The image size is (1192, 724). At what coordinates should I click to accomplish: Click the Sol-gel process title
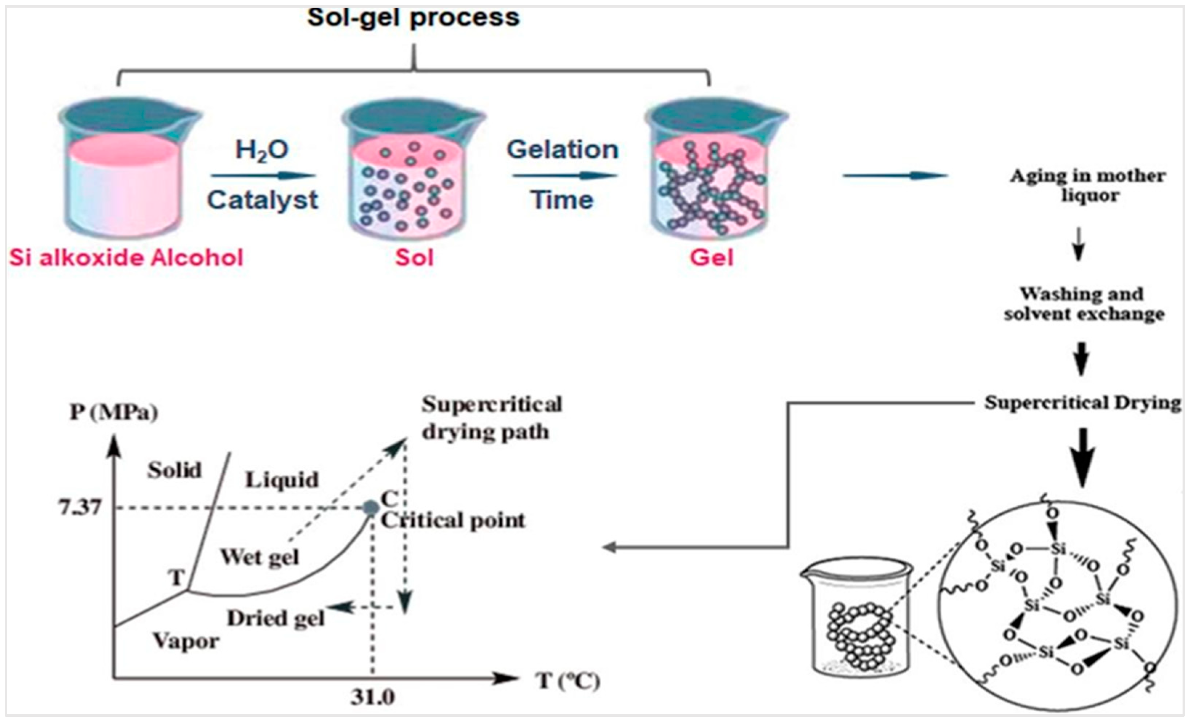(x=413, y=18)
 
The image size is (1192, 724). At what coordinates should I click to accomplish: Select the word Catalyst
(x=263, y=200)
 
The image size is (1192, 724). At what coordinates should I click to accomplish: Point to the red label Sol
(x=414, y=257)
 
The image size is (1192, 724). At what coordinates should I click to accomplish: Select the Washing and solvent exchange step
(x=1084, y=304)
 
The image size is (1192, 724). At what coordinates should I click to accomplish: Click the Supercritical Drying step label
(x=1083, y=403)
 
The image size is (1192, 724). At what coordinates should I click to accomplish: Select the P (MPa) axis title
(x=114, y=412)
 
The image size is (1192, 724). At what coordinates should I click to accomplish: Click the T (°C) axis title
(x=567, y=681)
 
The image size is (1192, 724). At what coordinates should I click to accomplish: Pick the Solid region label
(x=174, y=470)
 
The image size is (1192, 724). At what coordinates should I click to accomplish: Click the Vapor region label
(x=186, y=641)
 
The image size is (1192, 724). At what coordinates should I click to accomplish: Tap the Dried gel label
(x=276, y=618)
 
